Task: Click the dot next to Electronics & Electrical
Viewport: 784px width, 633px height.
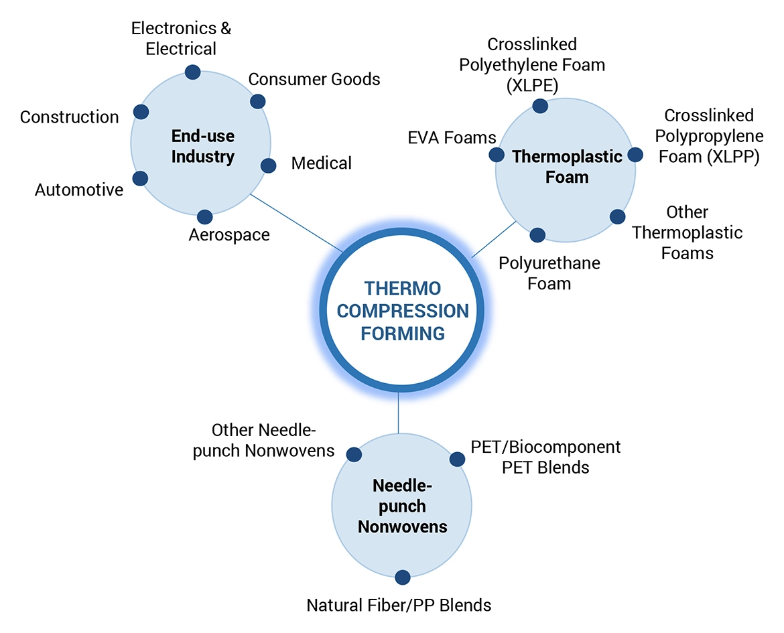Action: click(x=192, y=72)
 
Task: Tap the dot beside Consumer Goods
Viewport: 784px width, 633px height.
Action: click(x=257, y=101)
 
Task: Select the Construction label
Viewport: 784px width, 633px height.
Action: click(x=69, y=117)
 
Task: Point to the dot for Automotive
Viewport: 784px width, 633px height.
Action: click(x=140, y=178)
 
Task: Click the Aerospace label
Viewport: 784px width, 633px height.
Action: click(x=229, y=235)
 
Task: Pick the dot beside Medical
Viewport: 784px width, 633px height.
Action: click(x=268, y=165)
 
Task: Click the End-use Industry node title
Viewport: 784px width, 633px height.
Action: click(x=203, y=147)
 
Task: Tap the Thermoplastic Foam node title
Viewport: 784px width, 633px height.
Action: click(x=567, y=167)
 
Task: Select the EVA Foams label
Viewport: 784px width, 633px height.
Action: click(x=452, y=138)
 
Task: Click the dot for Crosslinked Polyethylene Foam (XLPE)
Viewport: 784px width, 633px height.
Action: click(x=539, y=105)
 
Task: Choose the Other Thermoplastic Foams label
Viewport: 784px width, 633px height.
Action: click(x=688, y=232)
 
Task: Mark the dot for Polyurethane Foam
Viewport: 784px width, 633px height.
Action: click(x=537, y=234)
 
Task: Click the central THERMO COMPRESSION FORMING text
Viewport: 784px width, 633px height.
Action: click(x=402, y=311)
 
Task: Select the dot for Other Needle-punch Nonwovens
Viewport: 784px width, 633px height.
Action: click(x=354, y=455)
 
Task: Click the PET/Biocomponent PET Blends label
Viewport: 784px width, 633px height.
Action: click(x=545, y=457)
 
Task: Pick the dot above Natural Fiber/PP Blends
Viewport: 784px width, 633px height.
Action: click(x=402, y=577)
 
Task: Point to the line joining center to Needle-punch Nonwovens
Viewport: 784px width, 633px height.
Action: click(x=399, y=412)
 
